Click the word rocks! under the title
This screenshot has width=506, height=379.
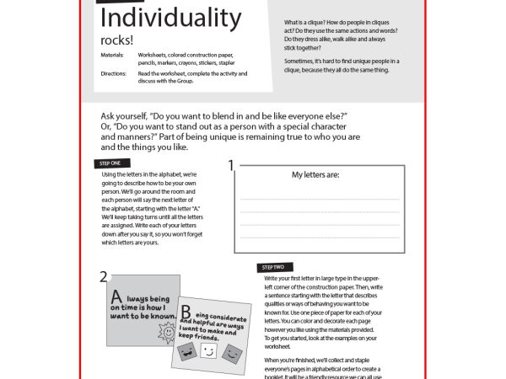click(x=114, y=41)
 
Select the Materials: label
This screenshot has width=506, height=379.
click(x=110, y=53)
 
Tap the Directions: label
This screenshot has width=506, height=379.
click(x=111, y=73)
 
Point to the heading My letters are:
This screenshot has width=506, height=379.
click(x=315, y=175)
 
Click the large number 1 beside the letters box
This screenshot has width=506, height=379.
click(x=231, y=166)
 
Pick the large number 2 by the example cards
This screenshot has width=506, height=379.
click(x=103, y=276)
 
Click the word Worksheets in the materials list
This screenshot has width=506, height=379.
click(x=155, y=53)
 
